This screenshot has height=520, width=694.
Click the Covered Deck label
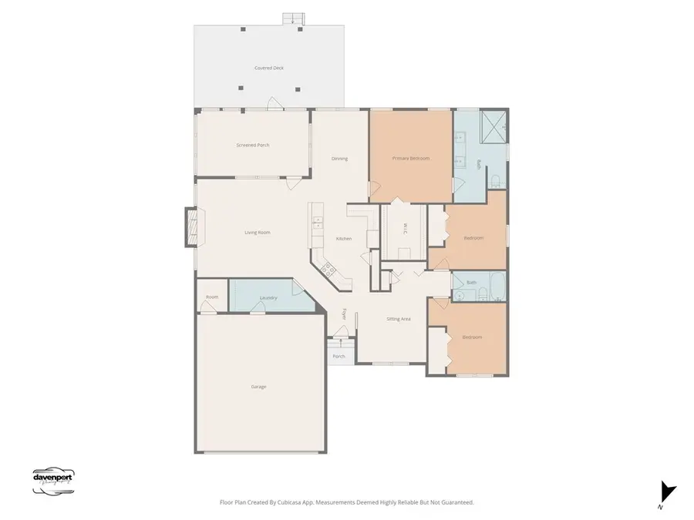[x=269, y=68]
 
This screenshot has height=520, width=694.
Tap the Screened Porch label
[x=252, y=145]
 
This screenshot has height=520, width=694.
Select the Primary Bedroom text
[x=410, y=158]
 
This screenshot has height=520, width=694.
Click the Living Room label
[x=258, y=232]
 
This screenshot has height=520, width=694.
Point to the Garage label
[x=258, y=386]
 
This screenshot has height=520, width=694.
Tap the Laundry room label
[x=268, y=297]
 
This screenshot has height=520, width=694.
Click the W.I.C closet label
[x=404, y=229]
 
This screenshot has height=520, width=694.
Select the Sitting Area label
[x=398, y=318]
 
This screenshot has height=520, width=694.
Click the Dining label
[x=339, y=159]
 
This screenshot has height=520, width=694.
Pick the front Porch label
[x=339, y=357]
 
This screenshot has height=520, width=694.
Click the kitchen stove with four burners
[x=327, y=269]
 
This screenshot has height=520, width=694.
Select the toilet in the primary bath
[x=496, y=181]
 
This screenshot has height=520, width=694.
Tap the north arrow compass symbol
[x=667, y=491]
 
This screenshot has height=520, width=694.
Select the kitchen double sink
[x=316, y=224]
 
